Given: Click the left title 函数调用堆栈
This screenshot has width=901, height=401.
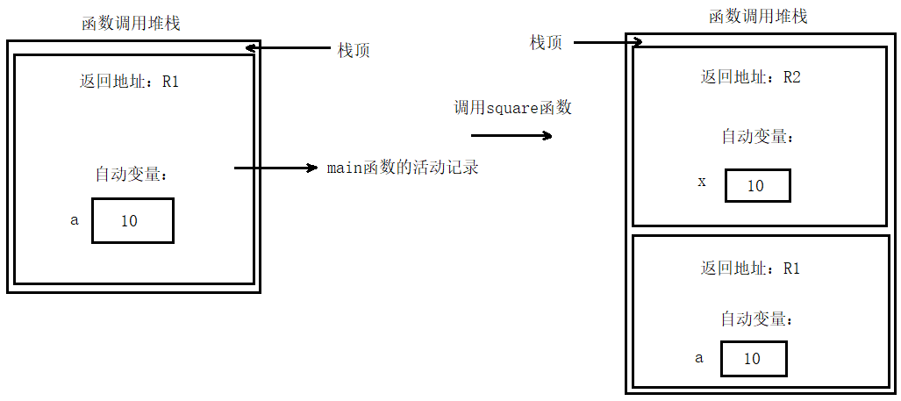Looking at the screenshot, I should (132, 24).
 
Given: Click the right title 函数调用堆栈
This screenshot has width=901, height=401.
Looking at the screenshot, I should (758, 16).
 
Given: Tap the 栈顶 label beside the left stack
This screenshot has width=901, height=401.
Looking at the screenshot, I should (354, 50).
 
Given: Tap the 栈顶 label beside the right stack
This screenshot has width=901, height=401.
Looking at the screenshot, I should (546, 42).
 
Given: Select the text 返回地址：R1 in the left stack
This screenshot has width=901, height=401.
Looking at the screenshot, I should (130, 82).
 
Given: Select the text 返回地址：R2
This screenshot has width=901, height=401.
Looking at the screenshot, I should (751, 77).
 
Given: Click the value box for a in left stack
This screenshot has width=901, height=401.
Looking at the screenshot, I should (132, 220).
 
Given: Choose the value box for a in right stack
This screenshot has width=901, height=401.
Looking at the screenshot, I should (754, 359).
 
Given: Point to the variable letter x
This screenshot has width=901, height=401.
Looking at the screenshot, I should (701, 183).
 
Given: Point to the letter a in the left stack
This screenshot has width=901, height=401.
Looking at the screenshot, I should (75, 220).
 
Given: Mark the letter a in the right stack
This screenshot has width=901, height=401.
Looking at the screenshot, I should (699, 358).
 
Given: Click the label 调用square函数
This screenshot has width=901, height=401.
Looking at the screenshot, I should (512, 108).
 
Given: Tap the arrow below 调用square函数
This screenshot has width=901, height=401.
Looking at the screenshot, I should (511, 135).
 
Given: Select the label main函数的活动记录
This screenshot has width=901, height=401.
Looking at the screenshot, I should (403, 167).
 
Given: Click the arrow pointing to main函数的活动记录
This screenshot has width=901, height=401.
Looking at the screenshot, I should (275, 167).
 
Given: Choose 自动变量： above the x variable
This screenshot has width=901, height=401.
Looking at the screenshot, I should (758, 137).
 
